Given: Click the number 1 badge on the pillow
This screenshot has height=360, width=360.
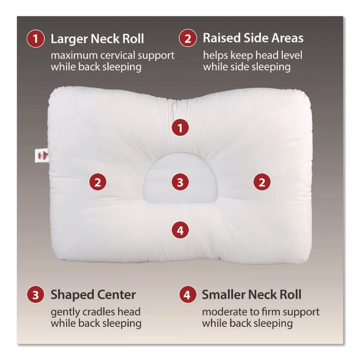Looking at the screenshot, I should (180, 128).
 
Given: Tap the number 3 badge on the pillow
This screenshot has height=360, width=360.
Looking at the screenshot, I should (180, 182).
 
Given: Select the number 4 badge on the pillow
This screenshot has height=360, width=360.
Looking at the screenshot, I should (180, 230).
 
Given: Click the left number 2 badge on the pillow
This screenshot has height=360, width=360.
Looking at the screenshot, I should (98, 182).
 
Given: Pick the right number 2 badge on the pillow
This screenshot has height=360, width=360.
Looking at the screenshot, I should (262, 182).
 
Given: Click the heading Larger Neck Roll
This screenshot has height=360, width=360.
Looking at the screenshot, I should (97, 38).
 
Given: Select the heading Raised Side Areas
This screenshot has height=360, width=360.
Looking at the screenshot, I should (253, 37).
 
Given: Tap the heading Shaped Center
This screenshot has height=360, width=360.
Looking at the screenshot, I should (93, 294).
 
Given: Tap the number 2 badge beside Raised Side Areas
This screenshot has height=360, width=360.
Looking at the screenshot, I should (188, 37).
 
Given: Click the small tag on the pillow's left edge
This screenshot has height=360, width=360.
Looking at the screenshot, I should (40, 156).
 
